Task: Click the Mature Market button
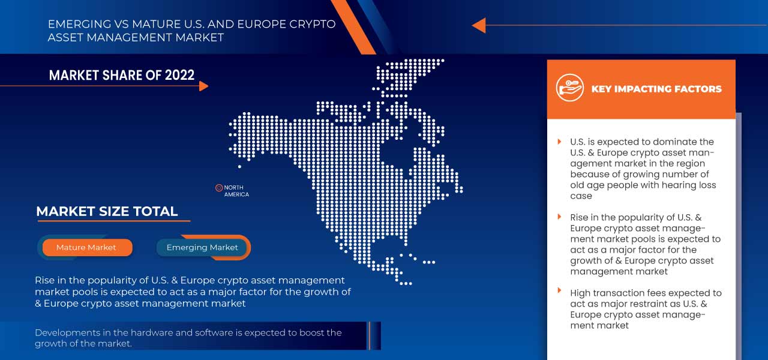point(86,247)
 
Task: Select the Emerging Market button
point(202,247)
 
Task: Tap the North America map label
point(236,191)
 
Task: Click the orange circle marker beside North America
point(219,188)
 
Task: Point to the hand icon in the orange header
point(569,88)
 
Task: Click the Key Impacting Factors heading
point(656,89)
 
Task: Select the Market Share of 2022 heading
point(122,75)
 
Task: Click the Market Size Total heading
point(107,211)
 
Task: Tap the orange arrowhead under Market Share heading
point(203,86)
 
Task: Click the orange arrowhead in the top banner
point(478,25)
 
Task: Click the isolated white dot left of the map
point(239,166)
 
